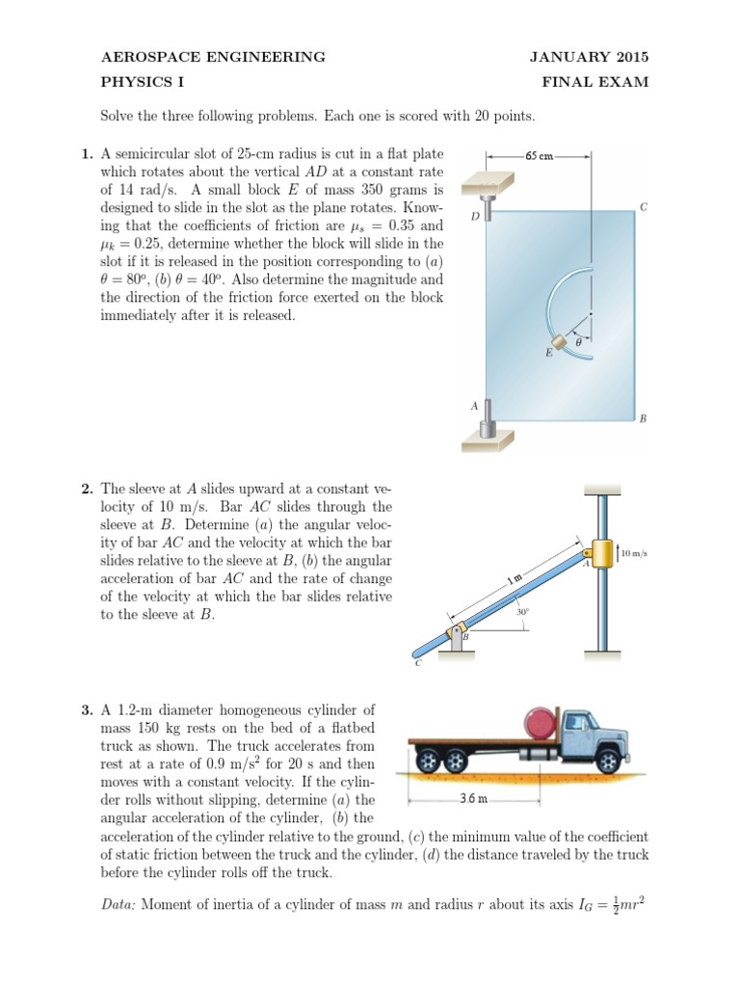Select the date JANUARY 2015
589,57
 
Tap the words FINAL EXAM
595,82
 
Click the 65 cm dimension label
540,155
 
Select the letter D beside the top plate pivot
475,217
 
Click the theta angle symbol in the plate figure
578,340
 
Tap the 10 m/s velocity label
634,553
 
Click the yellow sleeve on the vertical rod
604,554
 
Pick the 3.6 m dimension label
472,799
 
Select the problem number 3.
87,709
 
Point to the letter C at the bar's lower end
417,662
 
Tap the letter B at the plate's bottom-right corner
643,418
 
